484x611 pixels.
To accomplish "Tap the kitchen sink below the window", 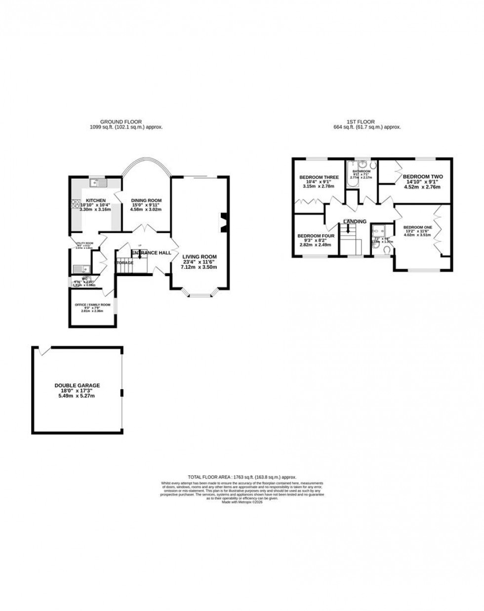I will coord(97,184).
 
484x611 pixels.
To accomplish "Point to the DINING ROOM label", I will coord(146,201).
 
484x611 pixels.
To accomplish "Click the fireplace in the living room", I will coord(224,221).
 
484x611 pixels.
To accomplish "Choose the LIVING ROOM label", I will coord(200,256).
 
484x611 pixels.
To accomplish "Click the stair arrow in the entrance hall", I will coord(139,255).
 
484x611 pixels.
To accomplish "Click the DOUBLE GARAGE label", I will coord(77,385).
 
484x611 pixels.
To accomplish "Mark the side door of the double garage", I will coord(44,350).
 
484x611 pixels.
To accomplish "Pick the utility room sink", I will coord(80,269).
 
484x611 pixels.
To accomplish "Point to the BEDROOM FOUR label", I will coord(316,236).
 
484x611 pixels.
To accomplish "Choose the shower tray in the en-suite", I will coord(380,230).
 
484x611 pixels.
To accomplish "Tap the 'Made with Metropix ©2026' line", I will coord(242,502).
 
